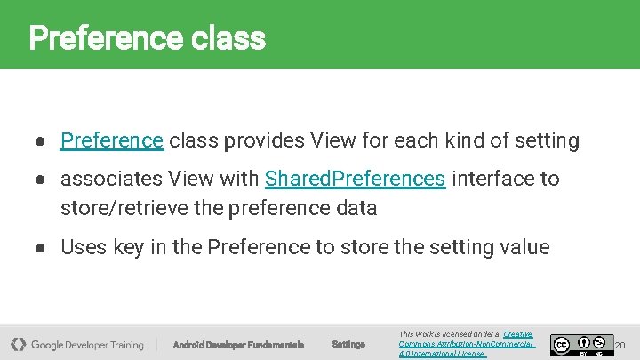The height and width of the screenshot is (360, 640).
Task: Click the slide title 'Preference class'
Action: pyautogui.click(x=147, y=38)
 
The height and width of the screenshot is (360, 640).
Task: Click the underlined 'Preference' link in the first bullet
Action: pyautogui.click(x=111, y=140)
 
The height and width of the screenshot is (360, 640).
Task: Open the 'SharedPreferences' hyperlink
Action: pyautogui.click(x=355, y=179)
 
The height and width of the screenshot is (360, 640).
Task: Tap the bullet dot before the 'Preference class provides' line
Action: pyautogui.click(x=41, y=141)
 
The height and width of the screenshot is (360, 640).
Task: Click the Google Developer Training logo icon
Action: pyautogui.click(x=18, y=344)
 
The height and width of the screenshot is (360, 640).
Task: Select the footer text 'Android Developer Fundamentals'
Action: pyautogui.click(x=238, y=344)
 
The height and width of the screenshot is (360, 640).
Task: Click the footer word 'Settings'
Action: pyautogui.click(x=348, y=344)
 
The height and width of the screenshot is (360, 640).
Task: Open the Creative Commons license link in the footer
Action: pyautogui.click(x=467, y=343)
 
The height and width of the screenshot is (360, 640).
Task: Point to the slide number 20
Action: pyautogui.click(x=620, y=344)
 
